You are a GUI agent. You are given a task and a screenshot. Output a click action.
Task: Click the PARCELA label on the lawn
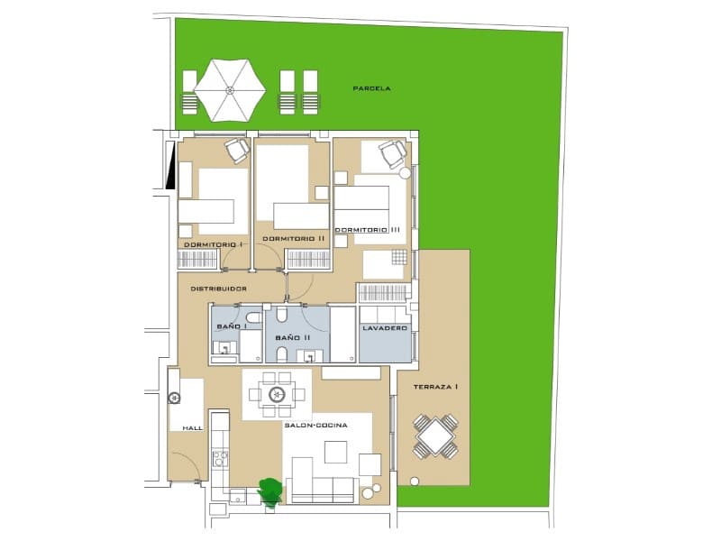point(371,88)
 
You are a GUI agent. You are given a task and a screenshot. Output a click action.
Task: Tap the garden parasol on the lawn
point(230,90)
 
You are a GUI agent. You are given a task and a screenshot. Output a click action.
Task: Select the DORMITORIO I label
point(214,244)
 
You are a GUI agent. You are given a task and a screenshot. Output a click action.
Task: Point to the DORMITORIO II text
point(294,239)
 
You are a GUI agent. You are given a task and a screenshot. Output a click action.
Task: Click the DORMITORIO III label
point(368,230)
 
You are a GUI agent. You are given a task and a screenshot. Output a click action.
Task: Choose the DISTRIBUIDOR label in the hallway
point(218,289)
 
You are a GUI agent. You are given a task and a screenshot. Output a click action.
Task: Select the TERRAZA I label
point(436,387)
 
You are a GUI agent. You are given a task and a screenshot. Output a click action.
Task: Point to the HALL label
point(191,428)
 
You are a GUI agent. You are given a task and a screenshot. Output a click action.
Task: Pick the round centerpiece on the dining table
point(277,394)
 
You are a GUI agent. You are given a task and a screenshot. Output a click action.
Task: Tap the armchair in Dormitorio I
point(237,150)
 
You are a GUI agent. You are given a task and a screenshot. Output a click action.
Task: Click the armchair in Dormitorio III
point(393,154)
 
